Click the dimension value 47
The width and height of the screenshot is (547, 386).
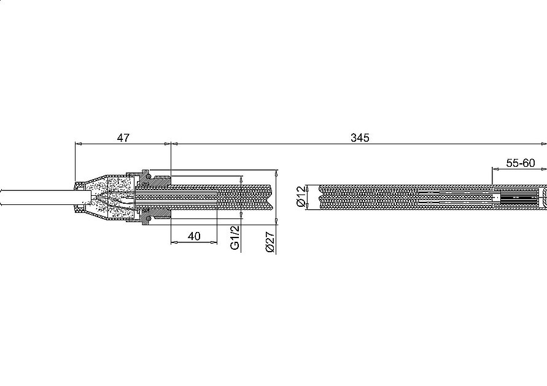pyautogui.click(x=123, y=138)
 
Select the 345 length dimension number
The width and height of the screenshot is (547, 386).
pyautogui.click(x=360, y=138)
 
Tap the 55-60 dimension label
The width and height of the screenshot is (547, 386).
pyautogui.click(x=520, y=163)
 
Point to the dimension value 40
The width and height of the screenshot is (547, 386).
pyautogui.click(x=193, y=236)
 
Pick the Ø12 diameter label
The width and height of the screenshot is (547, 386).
pyautogui.click(x=300, y=196)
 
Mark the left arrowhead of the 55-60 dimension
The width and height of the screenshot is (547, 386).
pyautogui.click(x=494, y=169)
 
